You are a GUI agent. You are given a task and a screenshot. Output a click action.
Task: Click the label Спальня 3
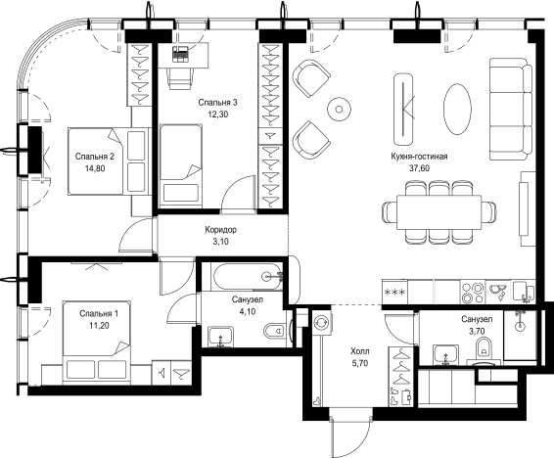click(x=217, y=103)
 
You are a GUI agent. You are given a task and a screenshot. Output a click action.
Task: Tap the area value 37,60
click(x=419, y=168)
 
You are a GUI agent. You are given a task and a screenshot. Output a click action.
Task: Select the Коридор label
click(x=221, y=230)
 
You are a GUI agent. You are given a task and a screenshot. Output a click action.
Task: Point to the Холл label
click(x=360, y=351)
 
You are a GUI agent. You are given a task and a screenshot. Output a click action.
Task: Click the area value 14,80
click(x=95, y=168)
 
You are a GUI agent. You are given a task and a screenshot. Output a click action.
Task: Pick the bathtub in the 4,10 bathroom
click(x=248, y=276)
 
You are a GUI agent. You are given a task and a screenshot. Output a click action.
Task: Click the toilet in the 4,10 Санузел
click(x=274, y=331)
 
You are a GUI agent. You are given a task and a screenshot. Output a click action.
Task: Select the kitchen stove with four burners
click(x=473, y=293)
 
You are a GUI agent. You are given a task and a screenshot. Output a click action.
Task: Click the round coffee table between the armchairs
click(x=339, y=109)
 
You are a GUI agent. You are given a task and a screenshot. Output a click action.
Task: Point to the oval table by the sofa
click(x=457, y=109)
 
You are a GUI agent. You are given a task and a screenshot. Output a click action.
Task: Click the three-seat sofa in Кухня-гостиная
click(x=511, y=109)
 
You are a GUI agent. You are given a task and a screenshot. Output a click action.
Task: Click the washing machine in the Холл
click(x=321, y=322)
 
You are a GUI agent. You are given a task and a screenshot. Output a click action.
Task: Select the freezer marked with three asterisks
click(x=395, y=292)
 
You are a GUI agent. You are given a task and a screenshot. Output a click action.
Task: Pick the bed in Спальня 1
click(x=96, y=342)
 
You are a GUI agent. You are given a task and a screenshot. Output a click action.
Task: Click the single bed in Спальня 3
click(x=180, y=165)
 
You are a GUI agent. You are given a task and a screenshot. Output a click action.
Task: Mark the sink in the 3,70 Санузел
click(x=445, y=354)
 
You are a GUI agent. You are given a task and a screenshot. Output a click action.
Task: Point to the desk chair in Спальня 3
click(x=182, y=78)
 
